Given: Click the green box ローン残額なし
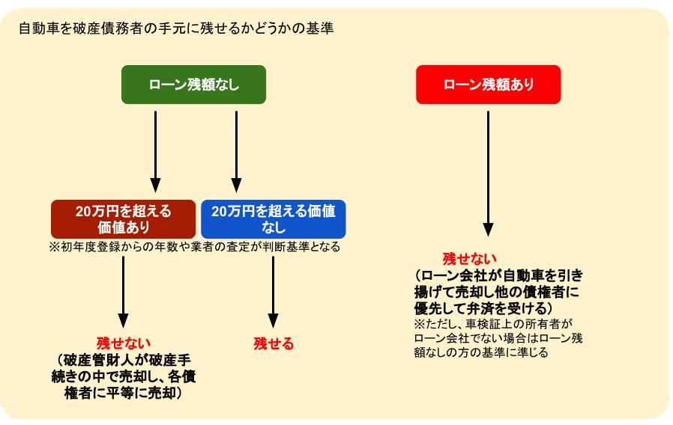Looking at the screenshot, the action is (x=193, y=85).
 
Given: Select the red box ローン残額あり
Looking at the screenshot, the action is (x=488, y=85).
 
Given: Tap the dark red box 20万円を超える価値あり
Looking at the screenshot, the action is (x=123, y=219).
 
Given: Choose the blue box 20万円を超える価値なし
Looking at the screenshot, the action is (x=274, y=219).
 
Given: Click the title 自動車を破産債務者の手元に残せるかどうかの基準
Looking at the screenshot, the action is (x=176, y=28).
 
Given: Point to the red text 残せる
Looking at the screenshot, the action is (x=274, y=343).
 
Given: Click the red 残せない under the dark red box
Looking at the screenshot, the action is (x=123, y=343).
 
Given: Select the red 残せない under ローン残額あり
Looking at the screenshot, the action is (x=470, y=258).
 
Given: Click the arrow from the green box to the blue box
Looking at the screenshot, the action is (x=237, y=152).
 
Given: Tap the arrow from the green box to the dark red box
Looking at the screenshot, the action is (x=155, y=152).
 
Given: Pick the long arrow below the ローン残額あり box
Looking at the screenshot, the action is (x=488, y=174).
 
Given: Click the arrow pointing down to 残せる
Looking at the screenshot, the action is (x=273, y=292).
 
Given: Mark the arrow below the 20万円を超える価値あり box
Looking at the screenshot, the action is (x=123, y=292).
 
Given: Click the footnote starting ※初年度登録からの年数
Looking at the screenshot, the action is (x=194, y=247).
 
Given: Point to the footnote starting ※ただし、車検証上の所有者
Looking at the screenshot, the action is (x=498, y=337).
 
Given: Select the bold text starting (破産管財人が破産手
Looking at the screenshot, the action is (x=123, y=376).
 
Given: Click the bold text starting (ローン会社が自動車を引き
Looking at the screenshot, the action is (x=498, y=291).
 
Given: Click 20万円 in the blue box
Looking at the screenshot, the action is (x=231, y=211).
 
